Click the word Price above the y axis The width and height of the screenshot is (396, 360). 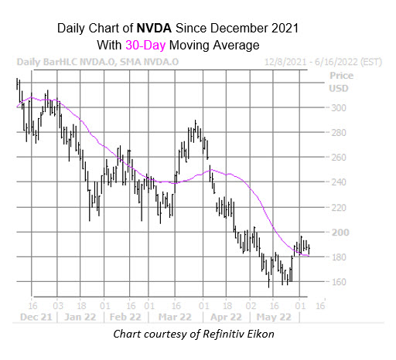click(x=341, y=76)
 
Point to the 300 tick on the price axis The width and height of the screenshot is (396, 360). click(x=339, y=108)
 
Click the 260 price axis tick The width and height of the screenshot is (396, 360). click(x=339, y=158)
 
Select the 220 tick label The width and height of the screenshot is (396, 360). click(x=339, y=207)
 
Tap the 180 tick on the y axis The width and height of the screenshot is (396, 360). click(x=339, y=256)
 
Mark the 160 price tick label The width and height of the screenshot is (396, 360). click(x=339, y=281)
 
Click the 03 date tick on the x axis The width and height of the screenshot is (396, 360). click(x=57, y=304)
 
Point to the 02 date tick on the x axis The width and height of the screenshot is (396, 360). click(x=251, y=304)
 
